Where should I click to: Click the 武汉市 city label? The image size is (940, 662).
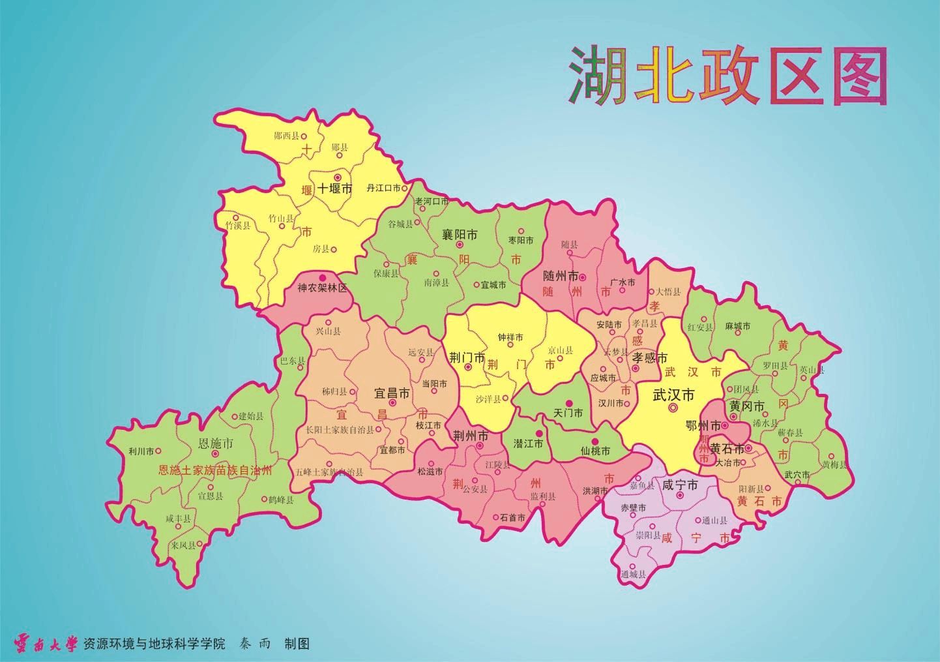tap(673, 395)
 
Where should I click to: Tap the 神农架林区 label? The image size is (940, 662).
tap(323, 288)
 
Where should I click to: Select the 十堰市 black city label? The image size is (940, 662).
tap(335, 189)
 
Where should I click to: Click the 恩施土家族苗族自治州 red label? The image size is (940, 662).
tap(215, 469)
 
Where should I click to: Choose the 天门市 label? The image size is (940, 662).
tap(567, 414)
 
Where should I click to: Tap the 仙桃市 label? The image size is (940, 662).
tap(595, 451)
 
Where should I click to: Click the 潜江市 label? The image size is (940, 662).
tap(528, 444)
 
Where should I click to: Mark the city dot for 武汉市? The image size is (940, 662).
tap(673, 408)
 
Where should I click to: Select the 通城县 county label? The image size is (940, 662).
tap(633, 574)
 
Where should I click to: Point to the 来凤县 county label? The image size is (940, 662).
tap(183, 545)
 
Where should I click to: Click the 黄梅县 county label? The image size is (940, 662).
tap(834, 465)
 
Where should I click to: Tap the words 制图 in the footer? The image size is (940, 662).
tap(297, 644)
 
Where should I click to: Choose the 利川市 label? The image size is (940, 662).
tap(141, 451)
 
